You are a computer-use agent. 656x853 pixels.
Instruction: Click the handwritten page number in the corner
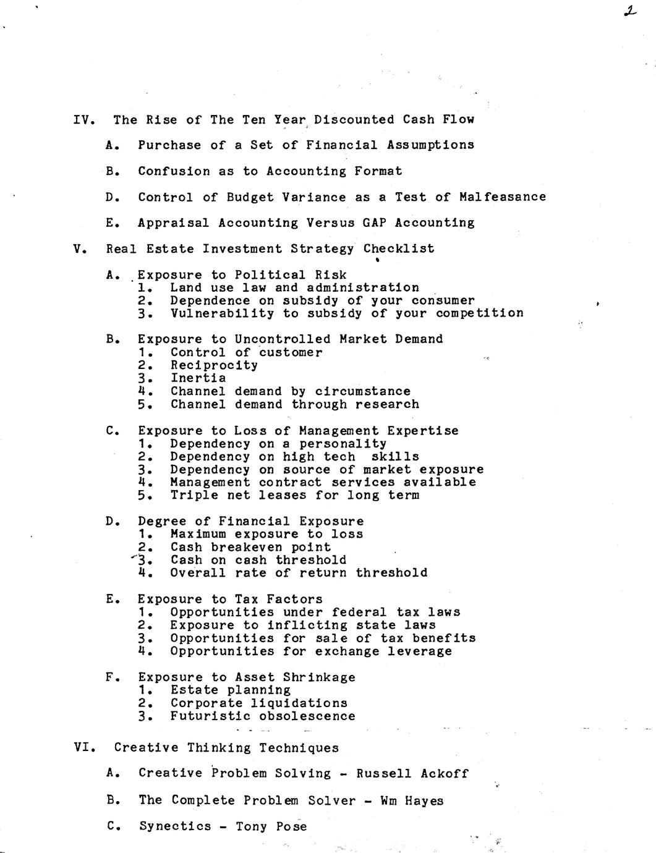630,11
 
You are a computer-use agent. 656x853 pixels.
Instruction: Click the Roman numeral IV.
83,119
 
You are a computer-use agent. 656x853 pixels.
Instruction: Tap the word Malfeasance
503,197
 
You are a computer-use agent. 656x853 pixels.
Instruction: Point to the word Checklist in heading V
399,248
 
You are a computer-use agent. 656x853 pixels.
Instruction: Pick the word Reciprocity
214,365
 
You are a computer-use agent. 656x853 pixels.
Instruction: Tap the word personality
343,443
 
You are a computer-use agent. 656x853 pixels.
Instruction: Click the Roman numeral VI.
83,747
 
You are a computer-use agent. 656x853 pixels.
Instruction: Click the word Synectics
175,826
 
